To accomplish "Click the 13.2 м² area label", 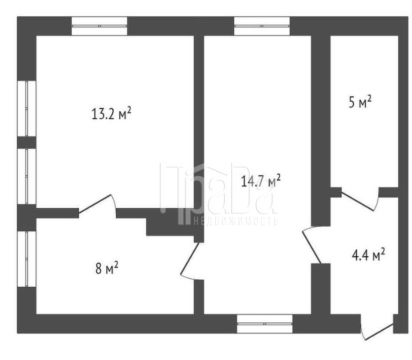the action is coord(111,114).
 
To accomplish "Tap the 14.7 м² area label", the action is coord(261,181).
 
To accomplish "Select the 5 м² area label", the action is coord(360,101).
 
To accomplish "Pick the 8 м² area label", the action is coord(107,268).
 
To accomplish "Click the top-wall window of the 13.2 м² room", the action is coord(99,26).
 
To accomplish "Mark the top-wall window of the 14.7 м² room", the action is coord(262,26).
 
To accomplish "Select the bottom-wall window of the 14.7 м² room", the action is coord(265,324).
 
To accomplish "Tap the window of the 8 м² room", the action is coord(27,259).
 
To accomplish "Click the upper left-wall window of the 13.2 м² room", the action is coord(27,109).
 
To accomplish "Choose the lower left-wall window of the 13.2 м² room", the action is coord(27,176).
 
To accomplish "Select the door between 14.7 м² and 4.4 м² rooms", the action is coord(312,246).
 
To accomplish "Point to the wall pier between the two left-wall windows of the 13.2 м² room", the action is coord(27,142).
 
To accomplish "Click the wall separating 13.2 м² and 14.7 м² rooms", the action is coord(199,122).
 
